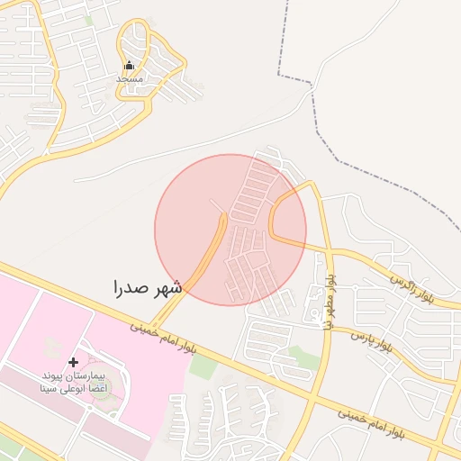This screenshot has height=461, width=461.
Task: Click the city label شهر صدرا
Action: (148, 288)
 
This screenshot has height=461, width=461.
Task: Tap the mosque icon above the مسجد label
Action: (129, 66)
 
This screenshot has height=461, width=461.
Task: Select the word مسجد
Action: (130, 79)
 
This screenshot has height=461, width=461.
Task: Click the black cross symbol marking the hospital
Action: (74, 362)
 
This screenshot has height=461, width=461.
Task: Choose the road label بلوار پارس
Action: (371, 339)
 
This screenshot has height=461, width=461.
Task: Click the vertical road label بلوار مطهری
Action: (331, 302)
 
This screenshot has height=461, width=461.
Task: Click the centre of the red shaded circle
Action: (230, 230)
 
